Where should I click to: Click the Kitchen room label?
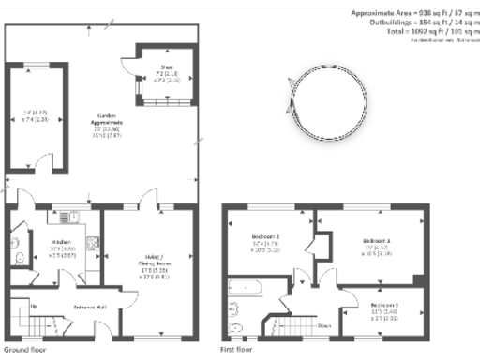(62, 241)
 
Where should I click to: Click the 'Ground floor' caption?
(20, 349)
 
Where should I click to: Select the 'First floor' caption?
(237, 349)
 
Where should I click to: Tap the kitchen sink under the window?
(66, 217)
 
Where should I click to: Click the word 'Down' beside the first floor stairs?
(323, 326)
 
